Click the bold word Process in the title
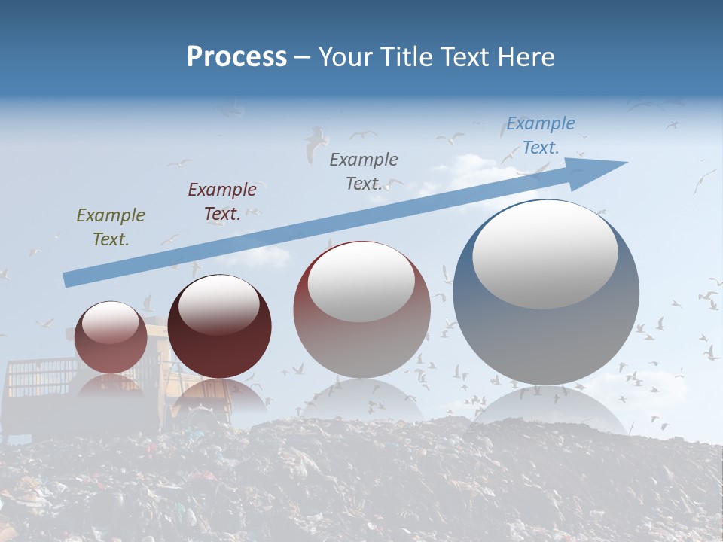click(x=236, y=56)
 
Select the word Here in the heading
click(x=526, y=56)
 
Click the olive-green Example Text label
click(x=111, y=227)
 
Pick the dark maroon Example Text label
click(x=222, y=202)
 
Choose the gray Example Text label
click(x=364, y=171)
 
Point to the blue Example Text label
click(x=540, y=135)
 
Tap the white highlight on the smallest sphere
click(x=111, y=322)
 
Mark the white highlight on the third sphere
click(x=361, y=281)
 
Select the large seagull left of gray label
click(x=316, y=143)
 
